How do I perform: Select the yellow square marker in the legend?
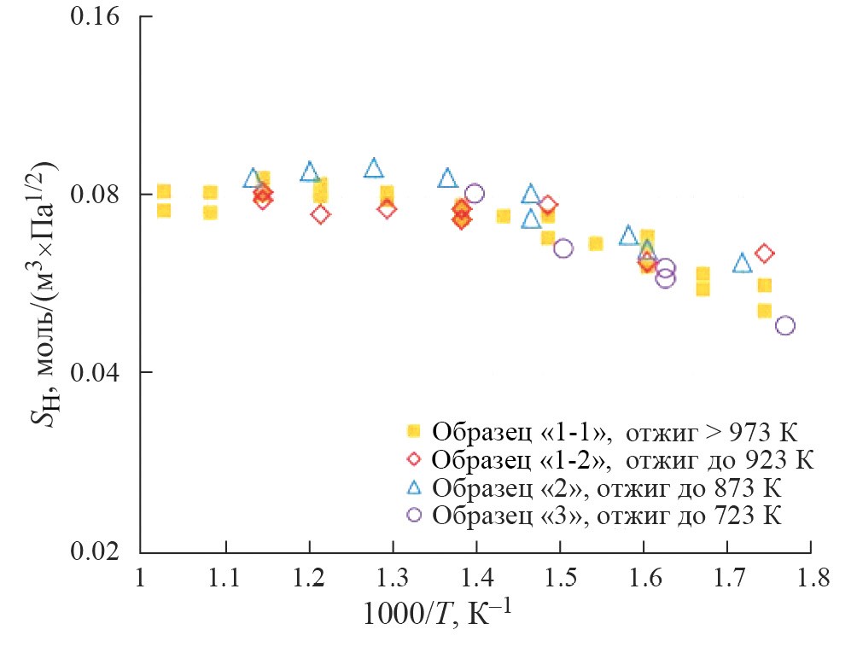[x=414, y=429]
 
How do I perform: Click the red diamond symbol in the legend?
[x=414, y=458]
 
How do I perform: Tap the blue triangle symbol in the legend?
[x=414, y=487]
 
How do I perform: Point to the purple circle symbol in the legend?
[x=414, y=516]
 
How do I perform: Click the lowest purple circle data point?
[x=784, y=325]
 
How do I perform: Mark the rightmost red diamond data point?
[x=765, y=253]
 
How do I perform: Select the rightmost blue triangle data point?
[x=742, y=263]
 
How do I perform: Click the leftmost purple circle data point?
[x=475, y=194]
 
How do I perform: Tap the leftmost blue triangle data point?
[x=253, y=178]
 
